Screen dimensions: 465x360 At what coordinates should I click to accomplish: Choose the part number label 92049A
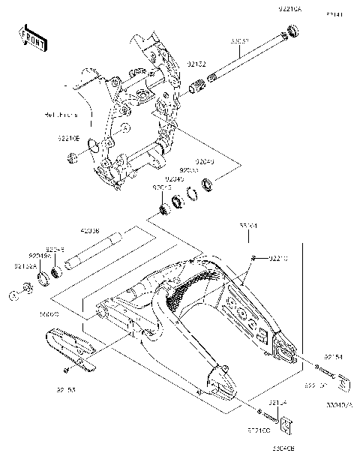click(40, 255)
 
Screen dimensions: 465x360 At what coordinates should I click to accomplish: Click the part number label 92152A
click(23, 265)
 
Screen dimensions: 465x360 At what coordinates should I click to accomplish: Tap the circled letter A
click(12, 295)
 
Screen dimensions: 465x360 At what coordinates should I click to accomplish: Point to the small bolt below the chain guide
click(67, 370)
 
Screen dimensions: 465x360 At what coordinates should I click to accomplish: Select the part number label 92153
click(66, 389)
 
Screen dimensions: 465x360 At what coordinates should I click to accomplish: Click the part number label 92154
click(333, 357)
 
